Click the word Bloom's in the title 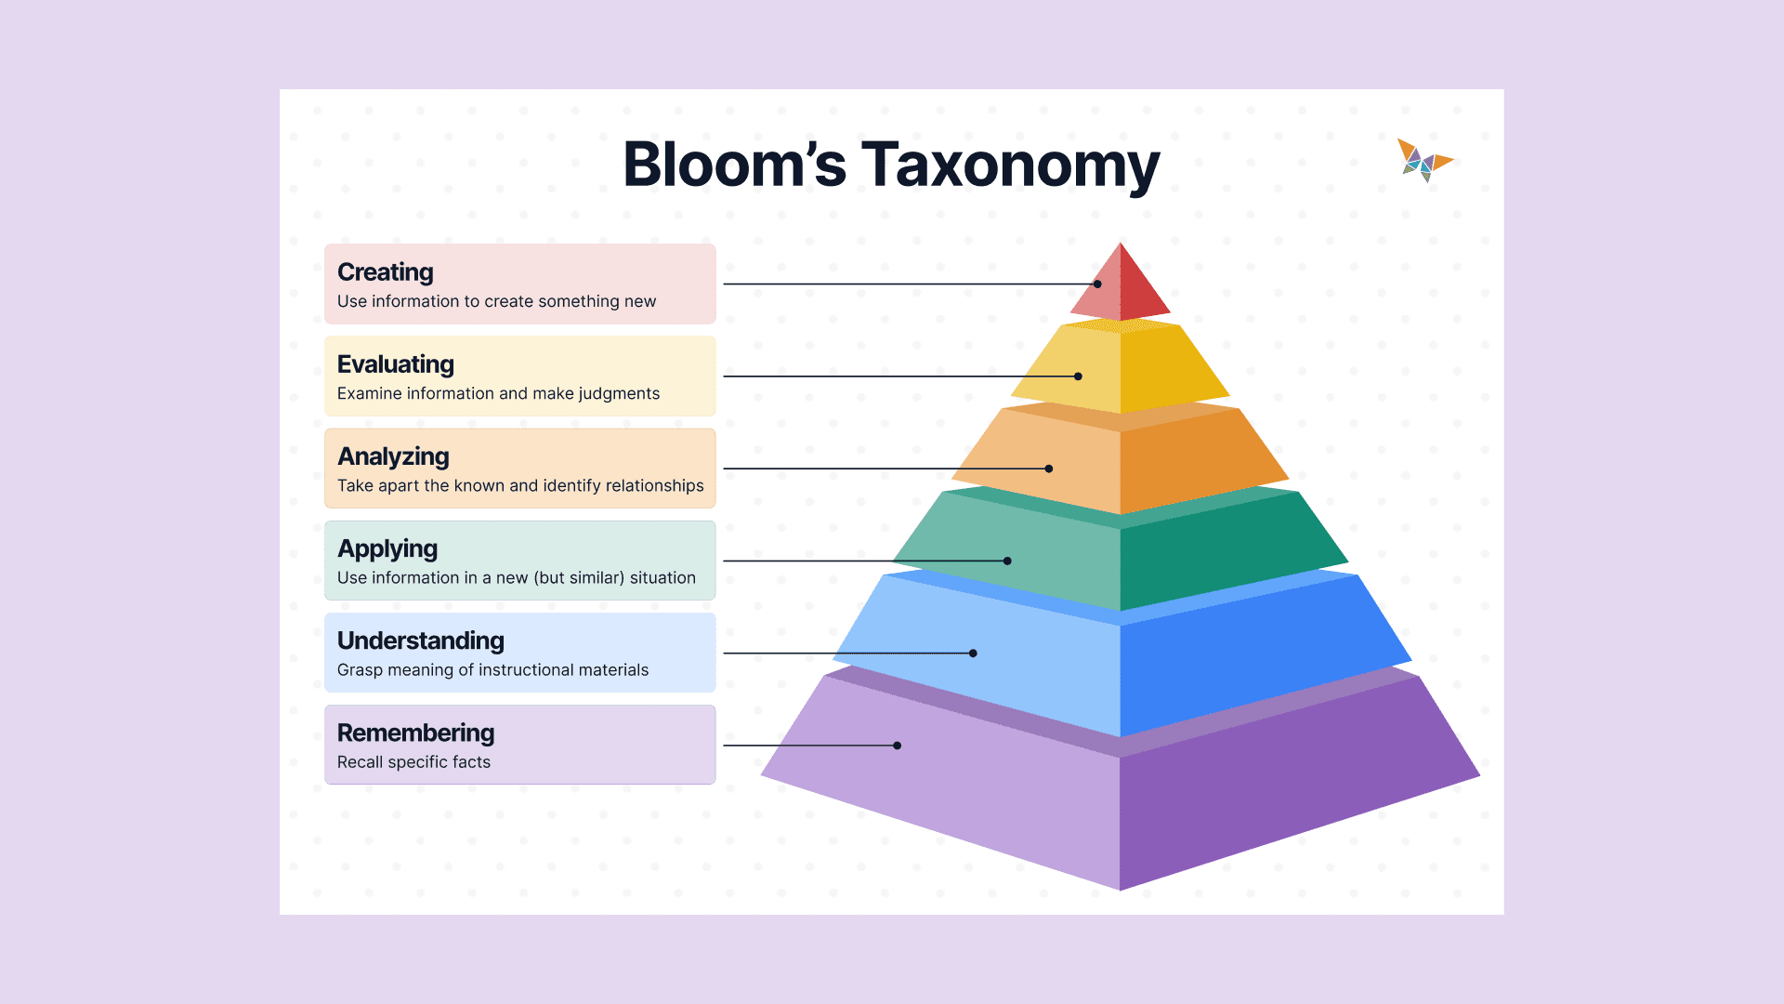click(734, 165)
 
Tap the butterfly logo click(1423, 161)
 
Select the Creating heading click(385, 272)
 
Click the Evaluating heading click(395, 364)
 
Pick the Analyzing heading click(393, 456)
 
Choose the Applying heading click(387, 548)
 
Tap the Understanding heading click(420, 641)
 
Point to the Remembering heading click(415, 733)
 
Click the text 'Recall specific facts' click(413, 762)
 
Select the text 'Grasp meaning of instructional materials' click(492, 670)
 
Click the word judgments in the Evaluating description click(619, 394)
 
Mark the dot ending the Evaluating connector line click(1078, 376)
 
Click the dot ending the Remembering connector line click(897, 746)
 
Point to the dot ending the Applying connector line click(1007, 561)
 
